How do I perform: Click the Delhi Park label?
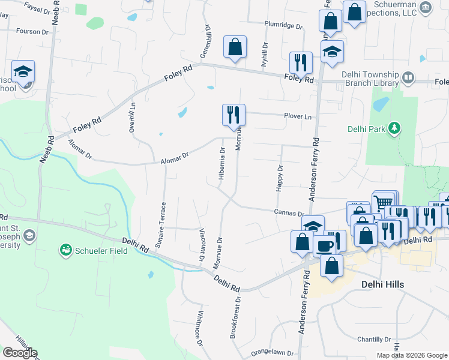tap(367, 128)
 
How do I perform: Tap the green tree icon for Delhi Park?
tap(395, 128)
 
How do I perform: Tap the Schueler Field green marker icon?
tap(65, 250)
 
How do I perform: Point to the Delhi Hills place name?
tap(382, 284)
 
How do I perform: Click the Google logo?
tap(20, 353)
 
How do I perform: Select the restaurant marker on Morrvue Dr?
tap(233, 115)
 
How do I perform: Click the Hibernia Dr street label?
tap(222, 164)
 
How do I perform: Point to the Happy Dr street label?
tap(279, 178)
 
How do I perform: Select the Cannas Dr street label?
tap(289, 213)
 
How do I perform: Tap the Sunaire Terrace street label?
tap(163, 220)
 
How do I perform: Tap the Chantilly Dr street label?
tap(375, 338)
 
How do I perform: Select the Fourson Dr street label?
tap(32, 31)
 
